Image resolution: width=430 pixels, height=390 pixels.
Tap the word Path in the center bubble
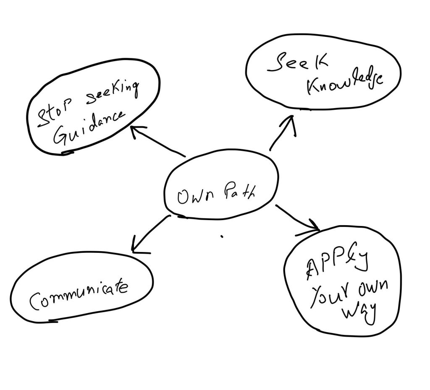236,194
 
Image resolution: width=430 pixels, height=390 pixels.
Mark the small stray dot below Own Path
222,237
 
